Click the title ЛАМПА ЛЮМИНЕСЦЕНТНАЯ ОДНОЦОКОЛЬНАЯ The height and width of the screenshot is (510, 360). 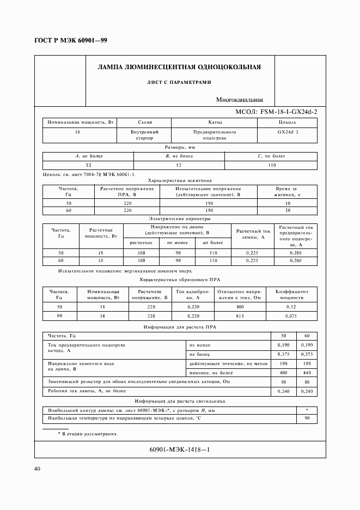point(179,68)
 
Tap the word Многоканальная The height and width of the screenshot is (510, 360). point(239,100)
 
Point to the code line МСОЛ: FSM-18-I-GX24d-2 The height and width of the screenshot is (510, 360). point(276,112)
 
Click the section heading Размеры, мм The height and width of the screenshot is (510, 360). point(179,147)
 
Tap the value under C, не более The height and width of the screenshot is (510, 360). point(271,165)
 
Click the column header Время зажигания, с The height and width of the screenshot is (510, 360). point(288,191)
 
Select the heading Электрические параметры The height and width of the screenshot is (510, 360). point(179,218)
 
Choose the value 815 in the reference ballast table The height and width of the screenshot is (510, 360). point(240,315)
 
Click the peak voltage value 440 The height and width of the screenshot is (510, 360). point(306,372)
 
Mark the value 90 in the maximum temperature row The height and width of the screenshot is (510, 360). point(306,418)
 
